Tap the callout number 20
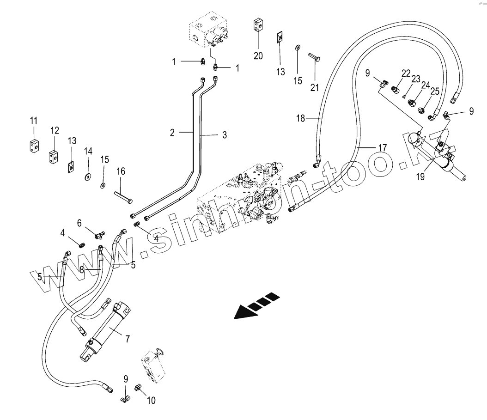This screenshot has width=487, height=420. (258, 56)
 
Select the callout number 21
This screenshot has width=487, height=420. (315, 87)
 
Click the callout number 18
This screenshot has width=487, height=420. (301, 118)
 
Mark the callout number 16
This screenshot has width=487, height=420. (121, 171)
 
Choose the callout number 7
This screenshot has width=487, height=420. (127, 339)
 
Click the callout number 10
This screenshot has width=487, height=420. (151, 401)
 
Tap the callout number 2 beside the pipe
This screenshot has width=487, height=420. (172, 133)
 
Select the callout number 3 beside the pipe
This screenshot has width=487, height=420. (225, 135)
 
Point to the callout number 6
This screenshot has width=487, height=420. (79, 223)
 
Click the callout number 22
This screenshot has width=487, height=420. (406, 73)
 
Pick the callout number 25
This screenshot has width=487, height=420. (435, 92)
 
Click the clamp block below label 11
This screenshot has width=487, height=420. (33, 146)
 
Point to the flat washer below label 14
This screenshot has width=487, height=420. (87, 176)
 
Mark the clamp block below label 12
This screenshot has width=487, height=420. (54, 157)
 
